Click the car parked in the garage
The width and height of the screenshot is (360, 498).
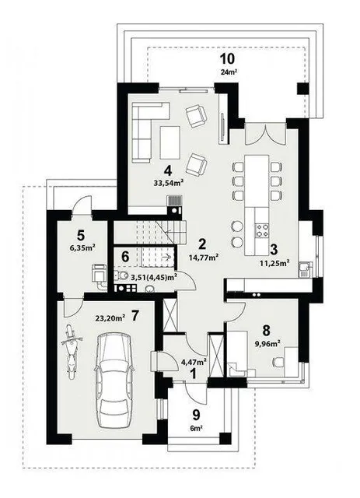pyautogui.click(x=114, y=381)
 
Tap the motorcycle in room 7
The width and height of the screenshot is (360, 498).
pyautogui.click(x=72, y=351)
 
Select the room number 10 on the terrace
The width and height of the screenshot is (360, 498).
pyautogui.click(x=227, y=59)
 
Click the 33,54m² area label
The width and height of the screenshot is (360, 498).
pyautogui.click(x=168, y=183)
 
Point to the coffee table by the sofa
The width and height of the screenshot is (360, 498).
pyautogui.click(x=170, y=142)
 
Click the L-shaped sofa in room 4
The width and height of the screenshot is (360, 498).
pyautogui.click(x=143, y=127)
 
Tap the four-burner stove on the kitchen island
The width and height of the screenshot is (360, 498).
pyautogui.click(x=262, y=230)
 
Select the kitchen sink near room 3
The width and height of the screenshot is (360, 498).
pyautogui.click(x=306, y=268)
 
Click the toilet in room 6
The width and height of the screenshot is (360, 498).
pyautogui.click(x=121, y=275)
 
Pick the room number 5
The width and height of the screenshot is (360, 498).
pyautogui.click(x=81, y=236)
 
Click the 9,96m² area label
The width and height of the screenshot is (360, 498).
pyautogui.click(x=266, y=342)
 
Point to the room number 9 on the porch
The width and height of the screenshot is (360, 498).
pyautogui.click(x=197, y=414)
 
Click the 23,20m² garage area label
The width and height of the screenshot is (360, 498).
pyautogui.click(x=110, y=318)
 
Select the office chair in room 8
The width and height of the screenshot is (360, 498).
pyautogui.click(x=278, y=362)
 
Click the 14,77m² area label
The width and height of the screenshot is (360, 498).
pyautogui.click(x=203, y=258)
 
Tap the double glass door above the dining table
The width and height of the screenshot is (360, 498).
pyautogui.click(x=265, y=133)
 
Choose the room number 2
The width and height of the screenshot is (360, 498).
pyautogui.click(x=202, y=244)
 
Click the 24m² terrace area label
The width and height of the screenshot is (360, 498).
pyautogui.click(x=229, y=72)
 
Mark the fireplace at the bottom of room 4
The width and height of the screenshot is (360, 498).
pyautogui.click(x=175, y=205)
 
